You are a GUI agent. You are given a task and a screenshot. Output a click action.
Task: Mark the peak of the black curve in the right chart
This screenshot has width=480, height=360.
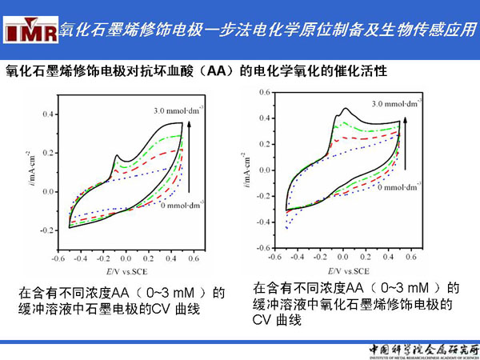tap(345, 108)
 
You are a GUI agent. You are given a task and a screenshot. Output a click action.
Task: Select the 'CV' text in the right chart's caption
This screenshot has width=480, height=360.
tap(263, 320)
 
